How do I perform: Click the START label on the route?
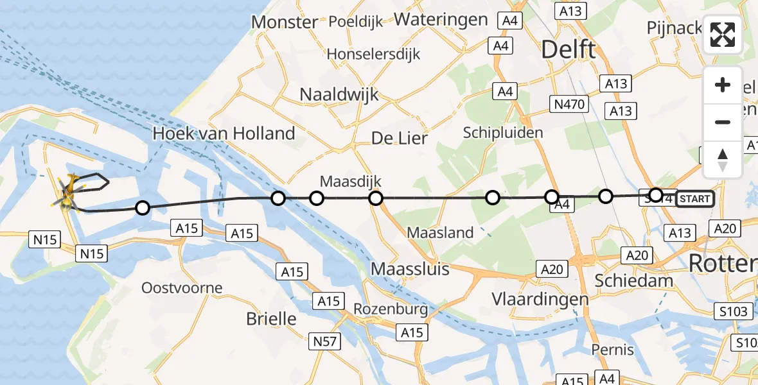pyautogui.click(x=694, y=199)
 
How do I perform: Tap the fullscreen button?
pyautogui.click(x=723, y=35)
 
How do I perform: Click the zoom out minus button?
pyautogui.click(x=723, y=122)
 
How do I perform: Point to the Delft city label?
pyautogui.click(x=568, y=49)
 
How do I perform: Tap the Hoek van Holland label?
pyautogui.click(x=224, y=134)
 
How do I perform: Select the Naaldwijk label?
pyautogui.click(x=339, y=95)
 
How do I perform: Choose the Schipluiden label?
pyautogui.click(x=504, y=133)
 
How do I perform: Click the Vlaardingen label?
pyautogui.click(x=540, y=299)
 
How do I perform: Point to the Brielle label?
pyautogui.click(x=272, y=319)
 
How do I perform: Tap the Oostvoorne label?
pyautogui.click(x=182, y=287)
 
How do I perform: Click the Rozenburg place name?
pyautogui.click(x=391, y=310)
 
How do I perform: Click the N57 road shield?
pyautogui.click(x=324, y=341)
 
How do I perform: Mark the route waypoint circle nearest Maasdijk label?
pyautogui.click(x=316, y=198)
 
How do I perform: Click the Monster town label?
pyautogui.click(x=284, y=22)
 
